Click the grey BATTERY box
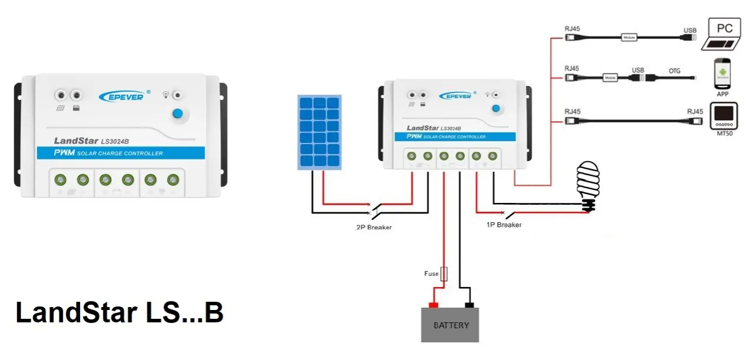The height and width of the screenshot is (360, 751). click(x=450, y=325)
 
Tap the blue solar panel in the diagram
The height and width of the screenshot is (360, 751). click(x=318, y=134)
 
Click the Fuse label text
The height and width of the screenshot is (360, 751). click(x=431, y=274)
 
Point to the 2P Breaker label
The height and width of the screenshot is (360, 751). click(x=374, y=227)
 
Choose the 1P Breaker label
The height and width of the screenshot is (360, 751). click(x=504, y=225)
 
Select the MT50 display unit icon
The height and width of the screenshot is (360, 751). click(x=723, y=116)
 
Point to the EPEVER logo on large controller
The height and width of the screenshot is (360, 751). click(x=122, y=95)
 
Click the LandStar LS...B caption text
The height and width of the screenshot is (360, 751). click(x=119, y=313)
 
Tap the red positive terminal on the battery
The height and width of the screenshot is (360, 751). click(x=433, y=305)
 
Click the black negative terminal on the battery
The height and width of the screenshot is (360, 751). click(x=470, y=305)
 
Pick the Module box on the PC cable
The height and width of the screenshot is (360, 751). click(x=629, y=38)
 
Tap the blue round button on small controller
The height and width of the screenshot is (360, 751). click(x=496, y=108)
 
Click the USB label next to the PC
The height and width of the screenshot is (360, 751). click(x=690, y=30)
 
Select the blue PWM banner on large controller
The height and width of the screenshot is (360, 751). click(x=121, y=153)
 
